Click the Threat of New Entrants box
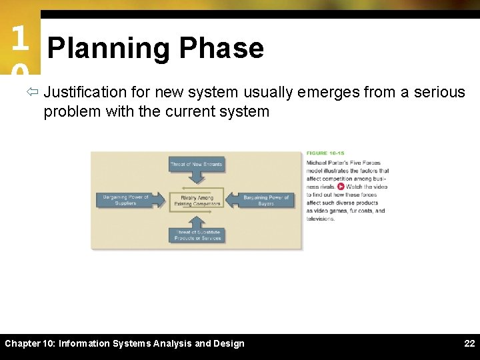(197, 164)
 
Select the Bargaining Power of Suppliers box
(125, 200)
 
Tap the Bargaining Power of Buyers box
(266, 200)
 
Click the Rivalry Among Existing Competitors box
(197, 200)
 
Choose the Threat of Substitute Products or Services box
(197, 235)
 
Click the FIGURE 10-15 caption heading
(326, 153)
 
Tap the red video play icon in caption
(341, 187)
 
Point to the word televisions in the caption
(321, 219)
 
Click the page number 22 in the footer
(469, 343)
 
